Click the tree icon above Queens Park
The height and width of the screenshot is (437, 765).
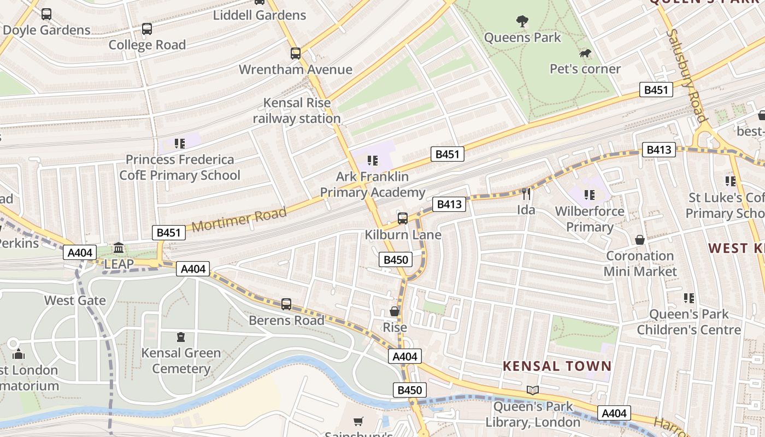tap(522, 21)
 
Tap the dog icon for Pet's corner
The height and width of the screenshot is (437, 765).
tap(585, 54)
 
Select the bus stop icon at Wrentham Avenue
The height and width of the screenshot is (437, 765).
tap(296, 54)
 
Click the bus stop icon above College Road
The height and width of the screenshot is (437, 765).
tap(147, 29)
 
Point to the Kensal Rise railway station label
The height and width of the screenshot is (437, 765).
tap(297, 110)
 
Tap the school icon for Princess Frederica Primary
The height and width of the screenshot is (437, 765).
tap(180, 144)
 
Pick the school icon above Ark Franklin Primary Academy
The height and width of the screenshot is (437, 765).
tap(373, 161)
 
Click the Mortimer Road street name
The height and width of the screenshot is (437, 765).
tap(239, 219)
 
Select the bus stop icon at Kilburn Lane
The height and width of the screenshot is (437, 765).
tap(403, 218)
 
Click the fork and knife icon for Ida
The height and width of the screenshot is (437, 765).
tap(526, 194)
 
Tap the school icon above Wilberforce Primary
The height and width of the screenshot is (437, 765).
tap(590, 195)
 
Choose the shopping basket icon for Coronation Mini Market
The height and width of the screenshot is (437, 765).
tap(640, 240)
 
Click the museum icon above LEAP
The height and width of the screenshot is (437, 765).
tap(119, 249)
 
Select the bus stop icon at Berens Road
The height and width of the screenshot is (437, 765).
tap(286, 304)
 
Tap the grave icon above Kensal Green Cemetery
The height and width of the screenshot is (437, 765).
tap(181, 337)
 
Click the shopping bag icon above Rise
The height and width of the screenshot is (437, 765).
tap(395, 311)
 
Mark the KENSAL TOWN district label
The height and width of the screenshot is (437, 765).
tap(557, 366)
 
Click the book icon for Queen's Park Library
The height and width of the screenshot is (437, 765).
tap(533, 390)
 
